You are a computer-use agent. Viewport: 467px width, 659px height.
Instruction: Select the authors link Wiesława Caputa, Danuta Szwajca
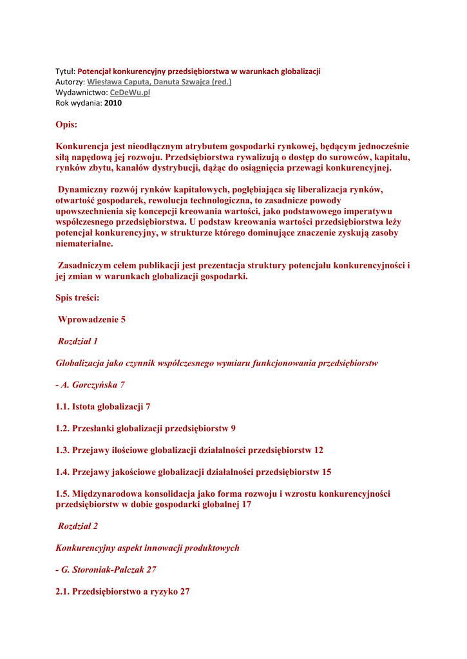[159, 82]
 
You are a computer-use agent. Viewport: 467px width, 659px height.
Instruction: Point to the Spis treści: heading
[77, 298]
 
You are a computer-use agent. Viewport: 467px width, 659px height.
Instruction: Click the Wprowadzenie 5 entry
[91, 320]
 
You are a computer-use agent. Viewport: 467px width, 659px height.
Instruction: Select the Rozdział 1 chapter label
[78, 342]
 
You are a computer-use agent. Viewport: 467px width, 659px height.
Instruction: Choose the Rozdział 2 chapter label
[78, 526]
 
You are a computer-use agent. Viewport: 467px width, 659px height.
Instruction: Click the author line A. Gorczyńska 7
[90, 385]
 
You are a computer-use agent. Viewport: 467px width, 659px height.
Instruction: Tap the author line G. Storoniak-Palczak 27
[106, 570]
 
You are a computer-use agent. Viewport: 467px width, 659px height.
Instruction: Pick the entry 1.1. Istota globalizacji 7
[103, 407]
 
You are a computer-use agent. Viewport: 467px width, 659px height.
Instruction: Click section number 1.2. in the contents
[62, 429]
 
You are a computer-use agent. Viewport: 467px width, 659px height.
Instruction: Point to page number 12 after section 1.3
[318, 450]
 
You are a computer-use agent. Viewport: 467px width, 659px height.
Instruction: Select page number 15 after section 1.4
[326, 472]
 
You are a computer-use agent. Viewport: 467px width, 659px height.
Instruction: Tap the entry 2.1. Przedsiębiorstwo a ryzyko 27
[122, 591]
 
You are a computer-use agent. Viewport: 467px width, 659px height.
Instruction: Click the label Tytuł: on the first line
[65, 71]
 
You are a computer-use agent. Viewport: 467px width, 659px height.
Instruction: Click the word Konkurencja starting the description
[83, 147]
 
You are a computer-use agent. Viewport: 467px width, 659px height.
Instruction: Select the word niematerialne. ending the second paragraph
[84, 244]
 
